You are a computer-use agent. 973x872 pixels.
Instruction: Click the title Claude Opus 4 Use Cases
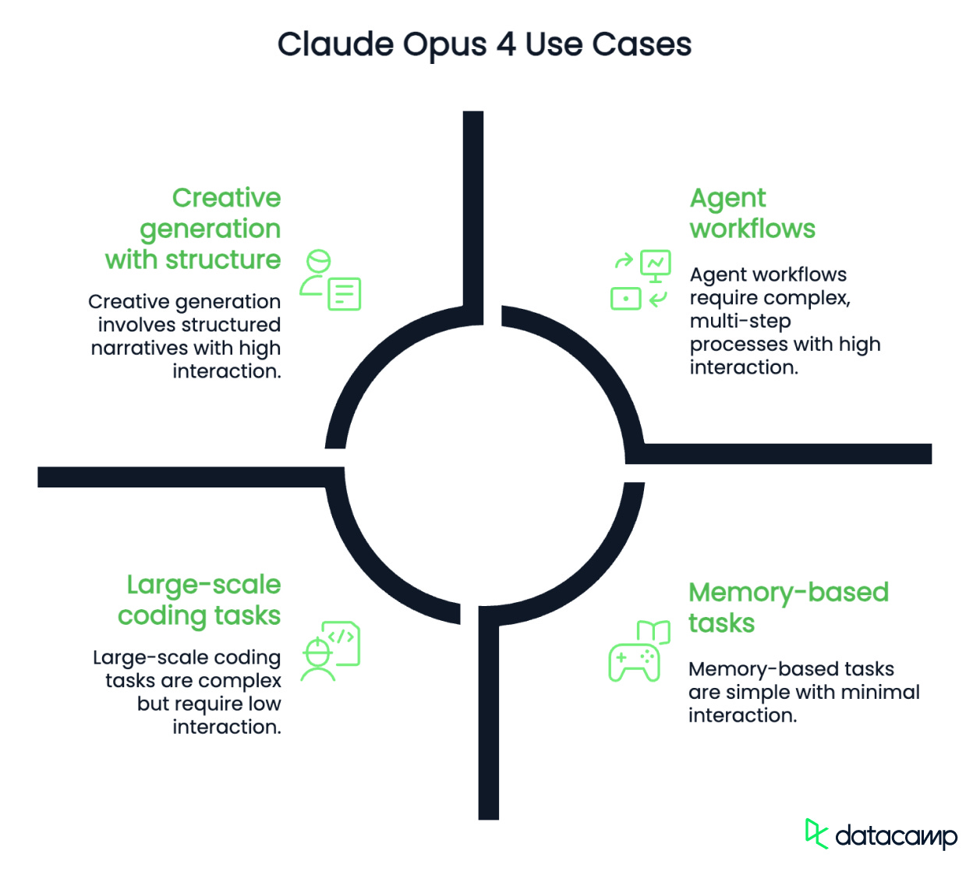coord(484,44)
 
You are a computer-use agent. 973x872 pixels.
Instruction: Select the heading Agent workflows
coord(752,213)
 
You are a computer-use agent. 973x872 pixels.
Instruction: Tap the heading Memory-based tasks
coord(787,608)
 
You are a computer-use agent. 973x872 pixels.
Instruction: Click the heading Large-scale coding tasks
coord(200,600)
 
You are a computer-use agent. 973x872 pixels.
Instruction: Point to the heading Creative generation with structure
coord(194,229)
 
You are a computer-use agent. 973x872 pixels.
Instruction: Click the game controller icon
coord(633,662)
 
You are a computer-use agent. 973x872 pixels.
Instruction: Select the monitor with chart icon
coord(656,265)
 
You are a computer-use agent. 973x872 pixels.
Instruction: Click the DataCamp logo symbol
coord(816,834)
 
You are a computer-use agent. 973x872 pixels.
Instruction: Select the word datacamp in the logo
coord(896,837)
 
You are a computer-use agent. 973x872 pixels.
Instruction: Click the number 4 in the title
coord(506,44)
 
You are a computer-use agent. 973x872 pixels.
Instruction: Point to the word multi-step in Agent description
coord(740,321)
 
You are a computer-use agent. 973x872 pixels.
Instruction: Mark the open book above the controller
coord(653,631)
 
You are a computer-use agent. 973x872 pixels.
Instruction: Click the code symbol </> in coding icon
coord(341,636)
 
